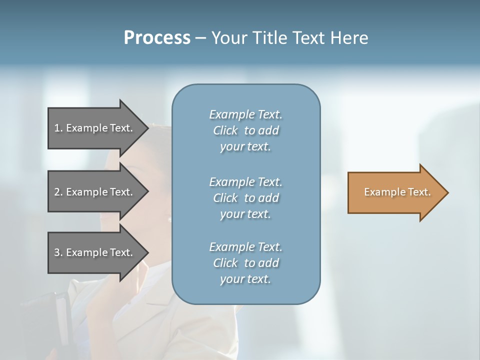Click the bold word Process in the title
[x=157, y=37]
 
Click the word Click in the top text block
[x=225, y=130]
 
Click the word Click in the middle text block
[x=225, y=198]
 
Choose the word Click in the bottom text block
[x=225, y=263]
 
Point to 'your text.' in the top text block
[x=245, y=147]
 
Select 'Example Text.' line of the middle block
[x=245, y=182]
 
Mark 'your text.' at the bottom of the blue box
[x=245, y=279]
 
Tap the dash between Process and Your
[x=200, y=38]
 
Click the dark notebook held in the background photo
[x=50, y=320]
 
